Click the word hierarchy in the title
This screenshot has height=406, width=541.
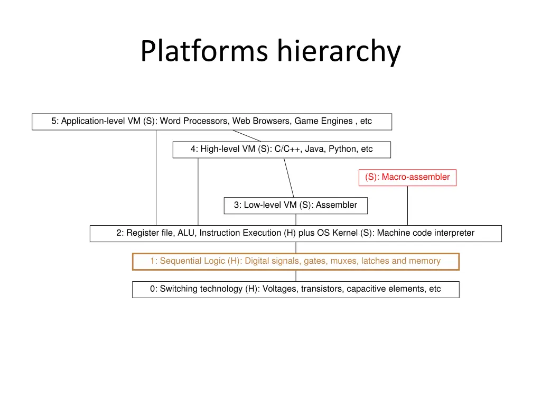point(339,52)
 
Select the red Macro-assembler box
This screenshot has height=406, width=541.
point(407,177)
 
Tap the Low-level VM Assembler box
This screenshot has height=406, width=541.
point(295,205)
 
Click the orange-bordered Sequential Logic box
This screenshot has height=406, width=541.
point(295,261)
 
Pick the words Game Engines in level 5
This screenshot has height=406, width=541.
point(323,121)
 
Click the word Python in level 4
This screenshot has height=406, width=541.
point(343,149)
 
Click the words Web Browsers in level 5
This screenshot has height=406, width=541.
point(262,121)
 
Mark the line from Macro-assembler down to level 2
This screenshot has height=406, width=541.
point(407,206)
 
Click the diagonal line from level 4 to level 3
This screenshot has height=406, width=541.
point(288,178)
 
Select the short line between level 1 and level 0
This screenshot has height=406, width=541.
point(296,275)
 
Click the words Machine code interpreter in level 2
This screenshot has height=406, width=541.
point(425,233)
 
